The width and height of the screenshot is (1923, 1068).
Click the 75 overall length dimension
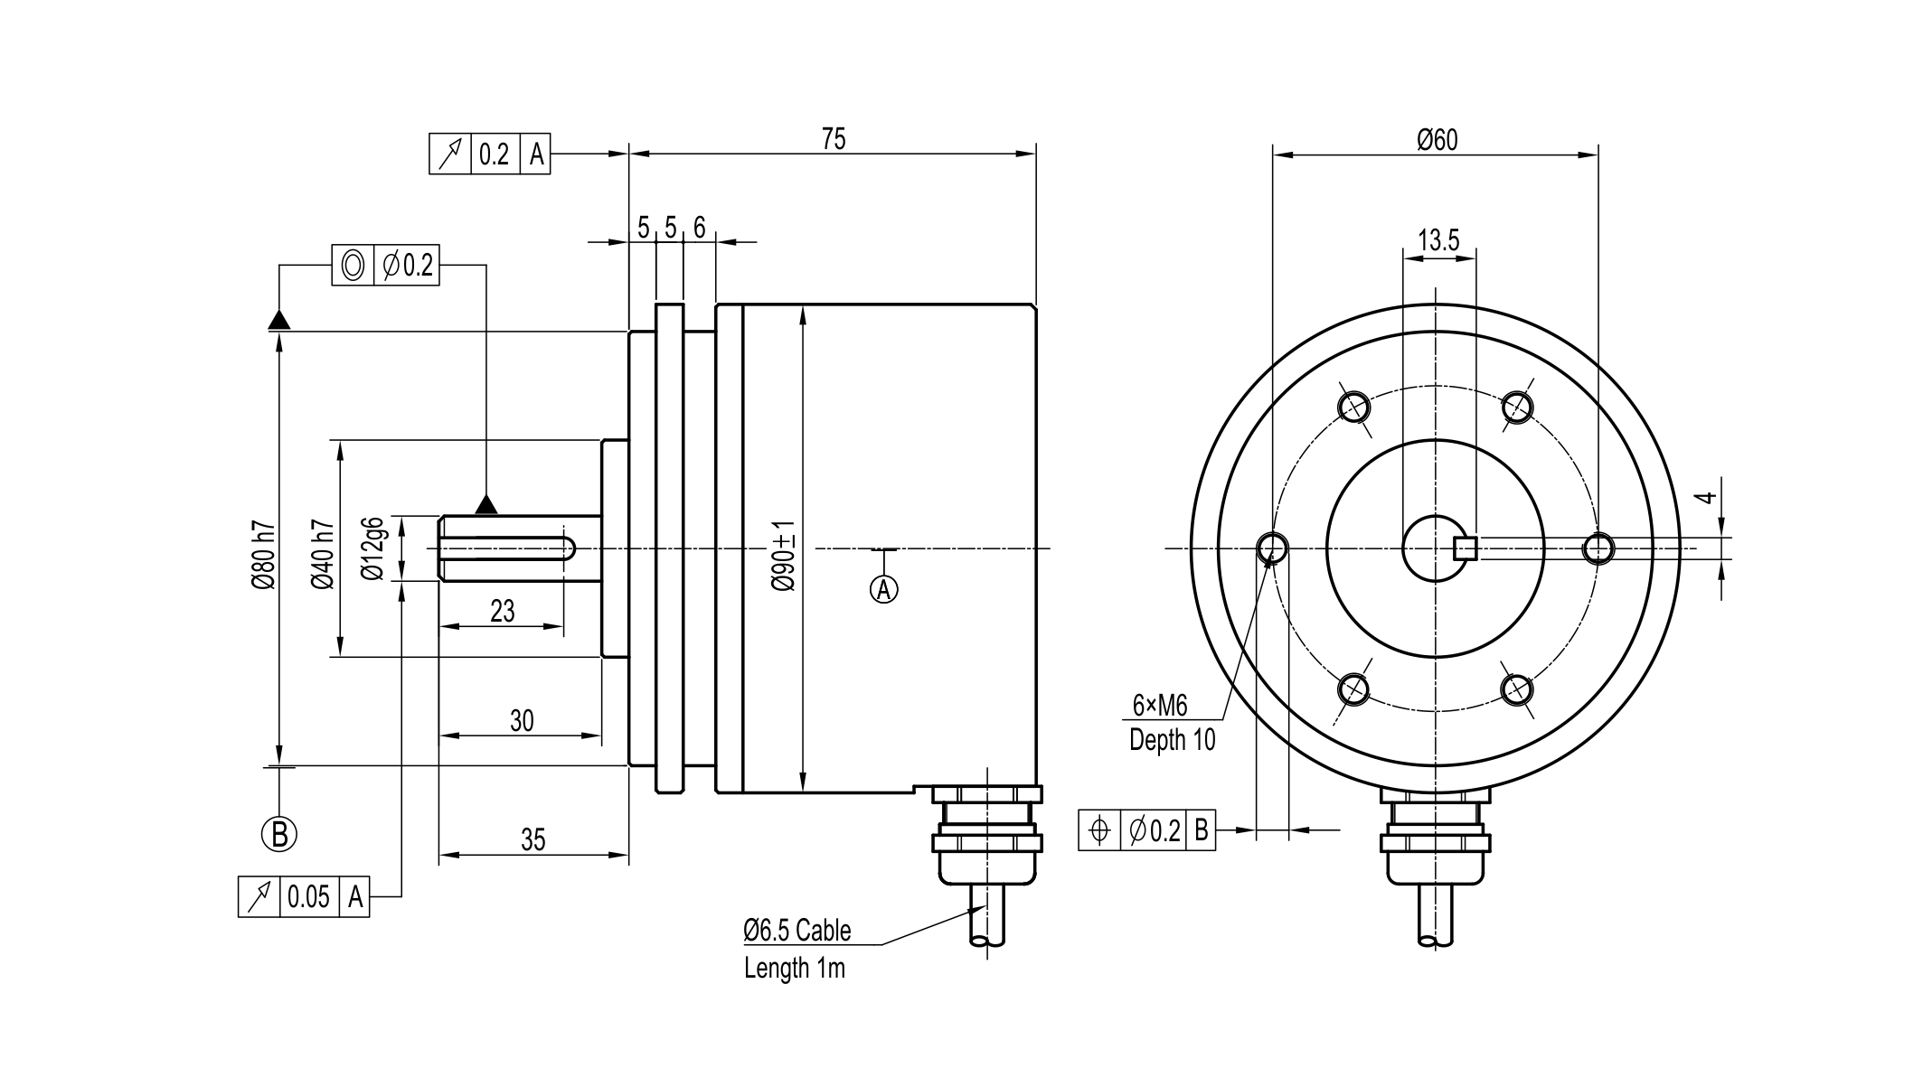tap(833, 139)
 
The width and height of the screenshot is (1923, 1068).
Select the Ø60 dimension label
tap(1437, 140)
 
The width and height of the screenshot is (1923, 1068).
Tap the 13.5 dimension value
tap(1438, 240)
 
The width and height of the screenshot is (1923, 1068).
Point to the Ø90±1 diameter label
tap(784, 555)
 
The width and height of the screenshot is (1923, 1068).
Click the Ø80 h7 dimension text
tap(263, 555)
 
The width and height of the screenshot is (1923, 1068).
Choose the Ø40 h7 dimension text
tap(323, 555)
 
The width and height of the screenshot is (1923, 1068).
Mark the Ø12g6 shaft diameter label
tap(372, 548)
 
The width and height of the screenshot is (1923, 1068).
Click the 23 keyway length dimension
tap(502, 612)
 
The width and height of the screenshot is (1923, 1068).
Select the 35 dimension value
tap(533, 840)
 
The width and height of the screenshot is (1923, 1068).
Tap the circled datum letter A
tap(883, 589)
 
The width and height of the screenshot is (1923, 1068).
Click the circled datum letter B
tap(279, 833)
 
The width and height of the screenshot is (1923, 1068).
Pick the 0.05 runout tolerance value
tap(308, 897)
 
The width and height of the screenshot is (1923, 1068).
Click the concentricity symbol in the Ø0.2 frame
tap(353, 266)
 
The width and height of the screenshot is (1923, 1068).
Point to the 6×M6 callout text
tap(1159, 705)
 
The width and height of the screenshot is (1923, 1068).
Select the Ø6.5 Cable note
tap(797, 930)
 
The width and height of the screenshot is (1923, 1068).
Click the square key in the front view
tap(1465, 548)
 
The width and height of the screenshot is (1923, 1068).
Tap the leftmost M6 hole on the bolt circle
tap(1273, 548)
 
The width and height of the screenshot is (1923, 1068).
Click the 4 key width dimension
tap(1705, 497)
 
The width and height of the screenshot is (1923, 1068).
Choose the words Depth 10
tap(1172, 740)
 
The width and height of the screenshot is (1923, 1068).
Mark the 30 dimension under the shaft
tap(522, 721)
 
